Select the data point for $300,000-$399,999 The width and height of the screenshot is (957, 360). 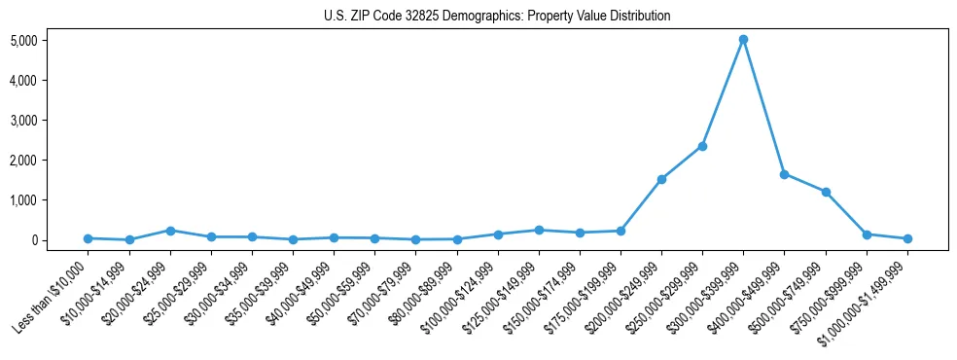pos(743,40)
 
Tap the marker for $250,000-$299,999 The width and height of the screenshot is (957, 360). pos(702,146)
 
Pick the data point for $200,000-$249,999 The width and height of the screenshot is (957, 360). pos(661,179)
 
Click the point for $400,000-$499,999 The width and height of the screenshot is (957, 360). pos(784,174)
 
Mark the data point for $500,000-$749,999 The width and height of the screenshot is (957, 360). pos(826,192)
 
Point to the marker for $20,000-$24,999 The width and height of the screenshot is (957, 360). pos(170,231)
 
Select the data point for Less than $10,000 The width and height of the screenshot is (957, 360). pos(89,238)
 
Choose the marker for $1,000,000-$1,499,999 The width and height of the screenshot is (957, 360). pos(907,238)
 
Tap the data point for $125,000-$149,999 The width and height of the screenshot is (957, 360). pos(539,231)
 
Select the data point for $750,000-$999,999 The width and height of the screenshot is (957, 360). pos(867,234)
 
